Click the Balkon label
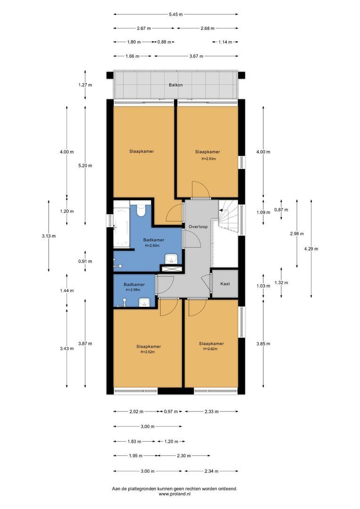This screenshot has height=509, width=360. pyautogui.click(x=176, y=85)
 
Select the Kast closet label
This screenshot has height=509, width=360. pyautogui.click(x=225, y=284)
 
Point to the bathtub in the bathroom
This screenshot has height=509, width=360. pyautogui.click(x=122, y=224)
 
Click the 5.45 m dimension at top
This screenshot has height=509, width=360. pyautogui.click(x=176, y=14)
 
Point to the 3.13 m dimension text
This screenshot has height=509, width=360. pyautogui.click(x=49, y=236)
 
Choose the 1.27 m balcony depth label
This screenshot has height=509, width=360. pyautogui.click(x=85, y=85)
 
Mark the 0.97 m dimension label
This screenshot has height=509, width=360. pyautogui.click(x=170, y=412)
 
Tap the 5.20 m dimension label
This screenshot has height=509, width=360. pyautogui.click(x=85, y=165)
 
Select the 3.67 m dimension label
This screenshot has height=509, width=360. pyautogui.click(x=196, y=56)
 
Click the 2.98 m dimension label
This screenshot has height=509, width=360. pyautogui.click(x=297, y=234)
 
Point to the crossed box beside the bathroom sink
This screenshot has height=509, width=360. pyautogui.click(x=167, y=269)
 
